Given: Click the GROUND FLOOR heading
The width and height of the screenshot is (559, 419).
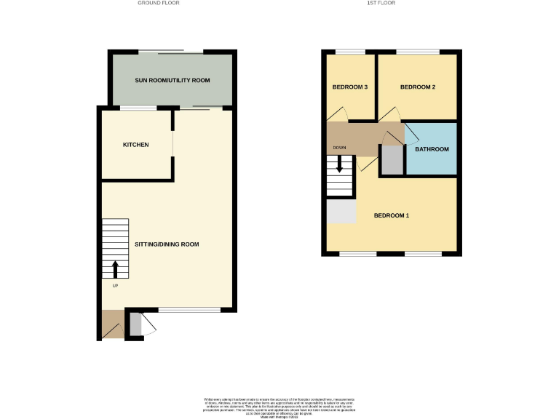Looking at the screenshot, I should (159, 3).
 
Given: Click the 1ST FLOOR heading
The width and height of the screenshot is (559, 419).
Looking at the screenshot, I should (392, 3).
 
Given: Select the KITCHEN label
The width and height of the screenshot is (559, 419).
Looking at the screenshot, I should (135, 145).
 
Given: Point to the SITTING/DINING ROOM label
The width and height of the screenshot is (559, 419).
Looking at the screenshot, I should (167, 244).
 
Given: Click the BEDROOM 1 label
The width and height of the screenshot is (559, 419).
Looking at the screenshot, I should (392, 215).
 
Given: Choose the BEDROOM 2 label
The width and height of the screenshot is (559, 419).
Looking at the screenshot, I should (418, 87).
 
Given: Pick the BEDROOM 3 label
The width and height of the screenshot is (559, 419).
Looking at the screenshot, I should (349, 87).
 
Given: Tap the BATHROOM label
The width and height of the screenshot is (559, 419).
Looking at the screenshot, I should (432, 149).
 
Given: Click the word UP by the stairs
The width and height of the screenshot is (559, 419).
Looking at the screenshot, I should (115, 286).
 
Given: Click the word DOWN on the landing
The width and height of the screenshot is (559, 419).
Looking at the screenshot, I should (340, 148).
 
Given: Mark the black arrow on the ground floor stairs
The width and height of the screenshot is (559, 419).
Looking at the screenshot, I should (115, 269).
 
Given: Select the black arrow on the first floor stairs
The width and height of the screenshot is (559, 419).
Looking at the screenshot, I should (339, 165).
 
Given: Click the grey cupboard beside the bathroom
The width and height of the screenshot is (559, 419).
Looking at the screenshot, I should (392, 160).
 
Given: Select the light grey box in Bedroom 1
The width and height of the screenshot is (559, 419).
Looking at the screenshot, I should (341, 211).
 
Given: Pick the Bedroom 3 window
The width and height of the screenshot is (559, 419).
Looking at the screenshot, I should (350, 52).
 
